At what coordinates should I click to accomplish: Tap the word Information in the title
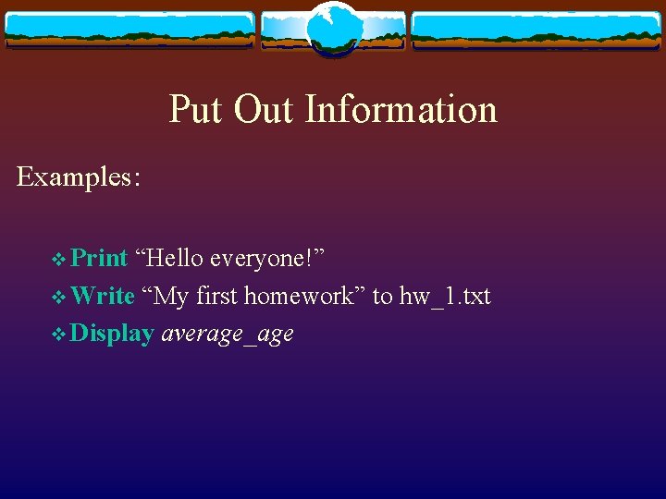(x=401, y=109)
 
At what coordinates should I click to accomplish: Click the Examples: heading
(x=79, y=176)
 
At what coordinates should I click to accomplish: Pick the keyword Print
(x=99, y=258)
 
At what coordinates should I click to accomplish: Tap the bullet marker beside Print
(x=60, y=259)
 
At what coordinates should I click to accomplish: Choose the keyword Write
(x=103, y=296)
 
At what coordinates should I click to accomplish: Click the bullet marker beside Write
(x=60, y=297)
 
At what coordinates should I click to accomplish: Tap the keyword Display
(x=112, y=334)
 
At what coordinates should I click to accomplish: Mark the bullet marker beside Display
(x=60, y=335)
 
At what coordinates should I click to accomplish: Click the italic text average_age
(x=228, y=335)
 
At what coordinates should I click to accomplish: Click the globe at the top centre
(x=332, y=29)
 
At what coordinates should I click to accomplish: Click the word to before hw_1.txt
(x=382, y=296)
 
